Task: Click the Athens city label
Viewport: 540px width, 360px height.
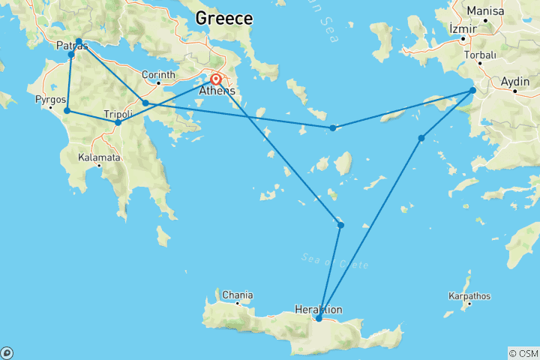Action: pos(217,91)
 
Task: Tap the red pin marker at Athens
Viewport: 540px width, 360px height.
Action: pos(216,79)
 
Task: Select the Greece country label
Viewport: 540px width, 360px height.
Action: pos(223,19)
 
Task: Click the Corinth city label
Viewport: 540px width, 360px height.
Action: pos(160,75)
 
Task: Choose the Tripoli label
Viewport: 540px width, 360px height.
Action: pos(118,113)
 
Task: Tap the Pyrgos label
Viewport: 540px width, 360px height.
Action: pos(49,99)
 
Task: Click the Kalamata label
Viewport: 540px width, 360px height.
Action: pos(99,158)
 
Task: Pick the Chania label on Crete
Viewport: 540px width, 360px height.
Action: pos(237,295)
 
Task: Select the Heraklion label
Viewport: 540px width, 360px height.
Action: pos(319,309)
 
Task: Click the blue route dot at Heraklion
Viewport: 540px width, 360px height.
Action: pos(319,319)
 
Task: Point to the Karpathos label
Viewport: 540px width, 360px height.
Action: pos(469,296)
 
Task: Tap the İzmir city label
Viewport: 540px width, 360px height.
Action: pos(462,28)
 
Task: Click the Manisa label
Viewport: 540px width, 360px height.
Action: pos(485,12)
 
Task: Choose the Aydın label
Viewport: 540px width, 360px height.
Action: pos(516,81)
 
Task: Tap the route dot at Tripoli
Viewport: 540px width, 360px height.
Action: pos(118,122)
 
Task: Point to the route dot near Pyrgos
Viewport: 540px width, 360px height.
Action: pos(67,111)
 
